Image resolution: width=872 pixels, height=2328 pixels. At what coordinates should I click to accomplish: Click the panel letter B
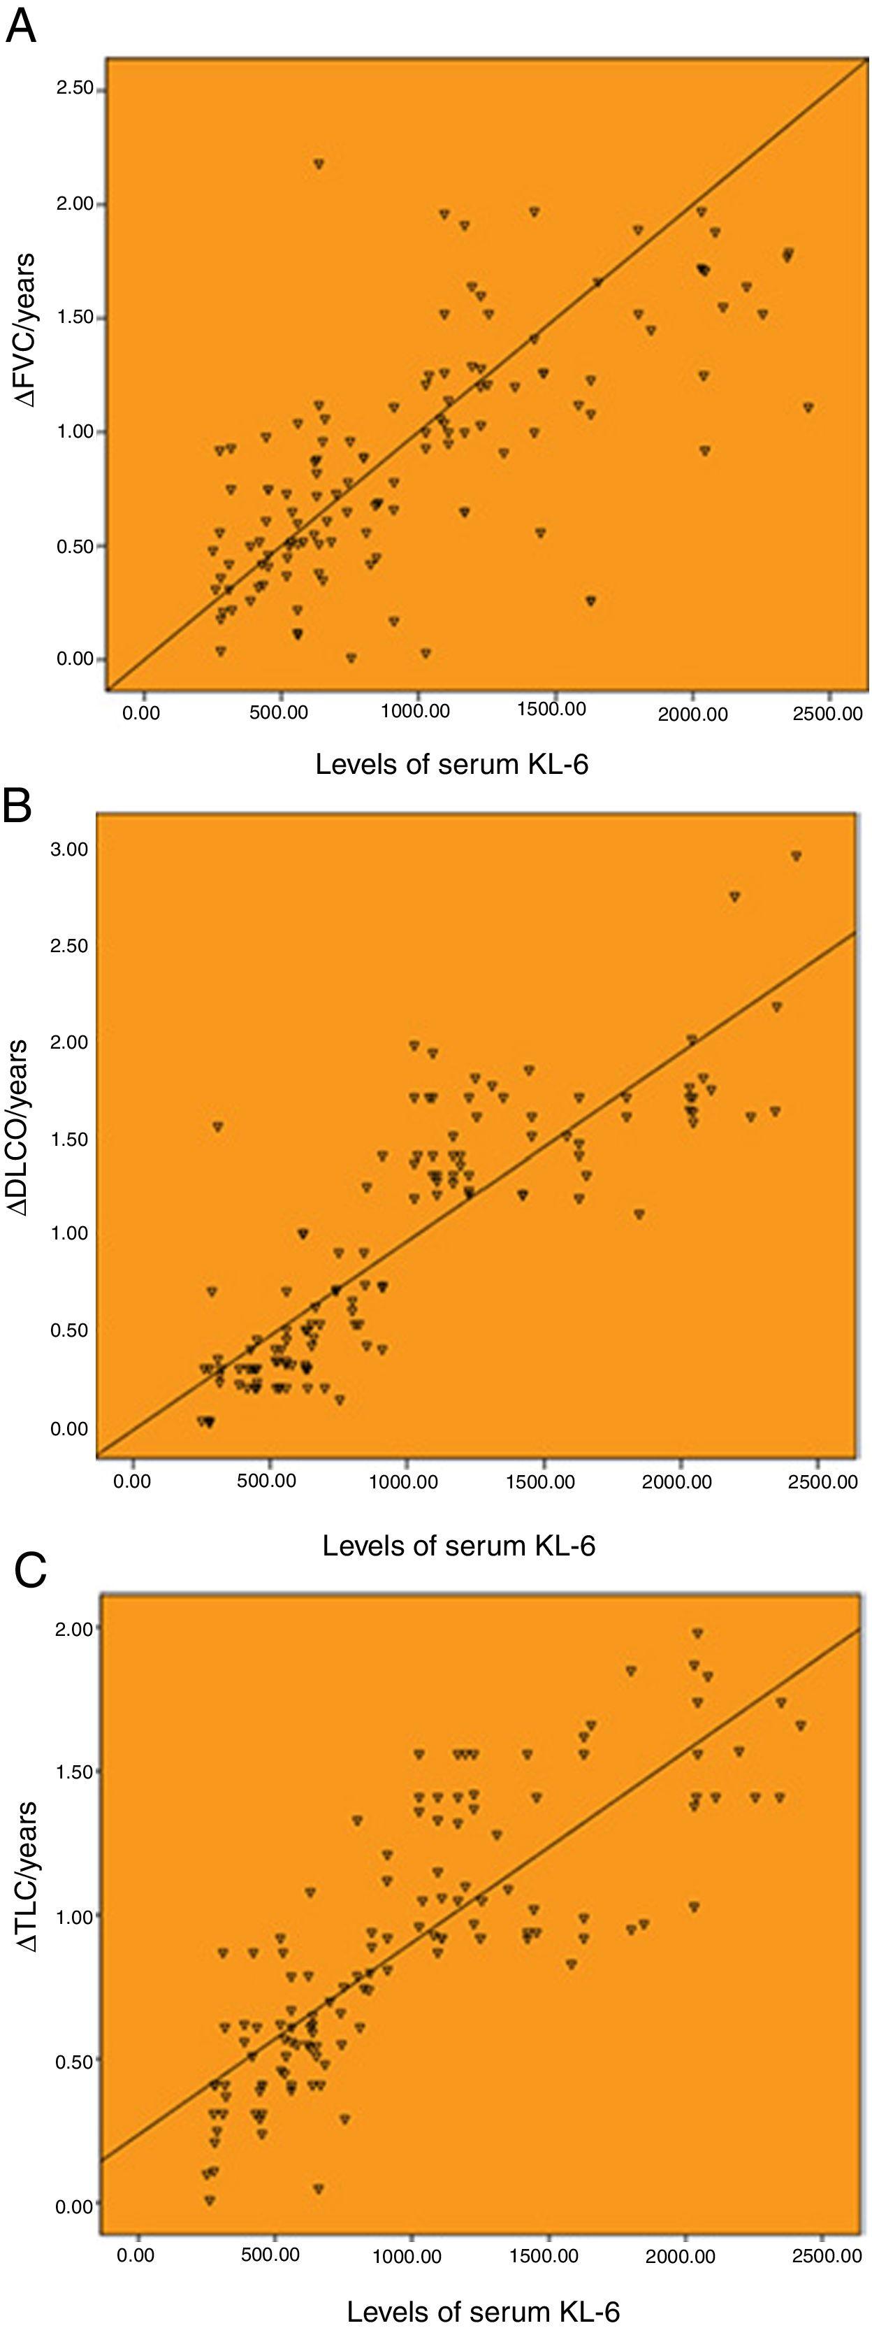coord(19,805)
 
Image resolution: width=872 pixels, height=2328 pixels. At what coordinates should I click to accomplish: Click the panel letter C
coord(31,1571)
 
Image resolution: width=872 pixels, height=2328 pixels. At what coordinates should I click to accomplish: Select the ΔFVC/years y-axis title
coord(27,330)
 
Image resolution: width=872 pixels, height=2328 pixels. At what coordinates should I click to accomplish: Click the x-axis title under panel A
coord(451,765)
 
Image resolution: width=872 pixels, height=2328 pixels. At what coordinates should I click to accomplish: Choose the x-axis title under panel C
coord(483,2311)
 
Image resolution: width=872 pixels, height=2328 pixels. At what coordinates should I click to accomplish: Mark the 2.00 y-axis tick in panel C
coord(75,1628)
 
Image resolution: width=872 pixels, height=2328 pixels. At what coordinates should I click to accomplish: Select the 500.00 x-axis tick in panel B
coord(267,1482)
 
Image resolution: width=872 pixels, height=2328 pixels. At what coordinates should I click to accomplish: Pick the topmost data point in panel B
coord(796,855)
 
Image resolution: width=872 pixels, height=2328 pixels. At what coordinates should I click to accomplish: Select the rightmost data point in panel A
coord(808,408)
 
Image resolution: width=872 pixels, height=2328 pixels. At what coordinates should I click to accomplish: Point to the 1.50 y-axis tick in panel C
coord(75,1772)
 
